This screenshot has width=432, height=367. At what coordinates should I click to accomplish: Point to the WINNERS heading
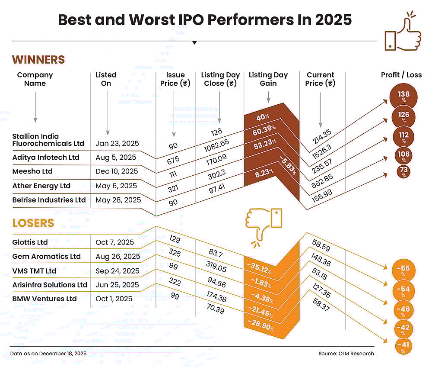[x=38, y=60]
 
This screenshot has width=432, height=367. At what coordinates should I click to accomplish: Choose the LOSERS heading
[x=33, y=223]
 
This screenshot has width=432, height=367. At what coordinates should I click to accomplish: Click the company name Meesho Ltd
[x=32, y=171]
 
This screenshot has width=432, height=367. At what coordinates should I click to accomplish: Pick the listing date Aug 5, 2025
[x=116, y=157]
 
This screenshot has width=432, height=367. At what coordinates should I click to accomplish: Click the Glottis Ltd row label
[x=30, y=242]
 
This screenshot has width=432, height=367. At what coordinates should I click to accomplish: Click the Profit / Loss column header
[x=401, y=75]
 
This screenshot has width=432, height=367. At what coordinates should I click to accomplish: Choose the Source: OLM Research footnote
[x=346, y=354]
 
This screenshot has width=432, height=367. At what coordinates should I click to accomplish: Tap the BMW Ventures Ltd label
[x=44, y=299]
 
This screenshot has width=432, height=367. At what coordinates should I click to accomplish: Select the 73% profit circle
[x=404, y=171]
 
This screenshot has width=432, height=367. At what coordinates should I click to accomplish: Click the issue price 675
[x=173, y=161]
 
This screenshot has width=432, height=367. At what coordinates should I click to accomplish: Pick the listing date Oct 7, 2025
[x=115, y=242]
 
